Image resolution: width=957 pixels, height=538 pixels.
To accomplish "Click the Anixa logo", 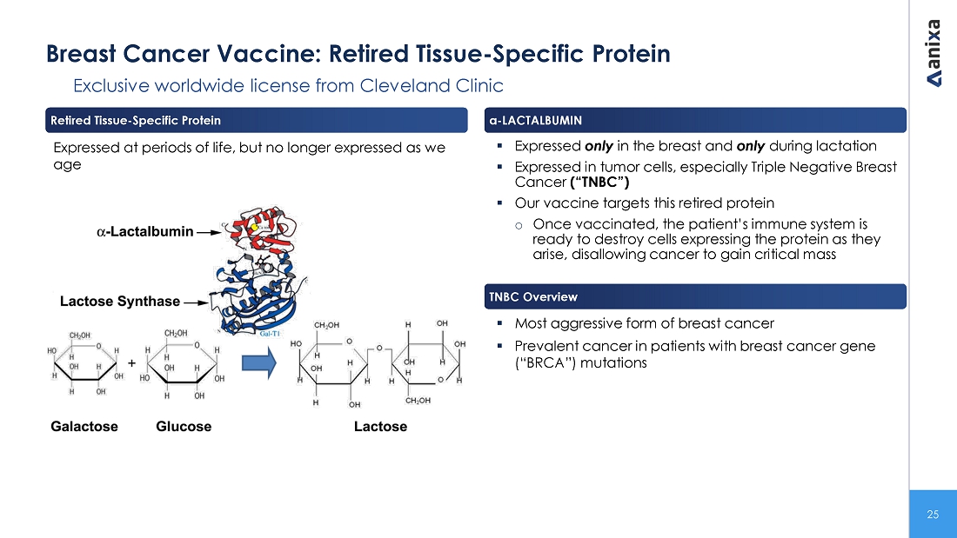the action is tap(934, 53).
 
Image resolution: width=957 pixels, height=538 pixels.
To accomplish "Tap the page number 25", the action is tap(933, 515).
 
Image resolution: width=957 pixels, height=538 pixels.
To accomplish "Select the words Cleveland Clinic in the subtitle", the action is tap(432, 85).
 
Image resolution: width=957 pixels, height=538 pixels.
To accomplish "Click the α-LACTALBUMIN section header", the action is tap(535, 120).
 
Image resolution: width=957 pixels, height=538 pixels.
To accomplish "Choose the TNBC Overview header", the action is tap(532, 297).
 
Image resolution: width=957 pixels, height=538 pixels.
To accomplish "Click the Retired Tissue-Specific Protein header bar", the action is tap(257, 120).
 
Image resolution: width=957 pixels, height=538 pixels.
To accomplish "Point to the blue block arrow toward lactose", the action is tap(258, 363).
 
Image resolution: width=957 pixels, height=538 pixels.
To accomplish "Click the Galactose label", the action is tap(84, 427).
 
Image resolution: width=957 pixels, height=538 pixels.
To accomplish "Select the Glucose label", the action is tap(184, 427).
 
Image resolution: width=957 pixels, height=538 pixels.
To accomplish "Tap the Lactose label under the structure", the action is tap(380, 427).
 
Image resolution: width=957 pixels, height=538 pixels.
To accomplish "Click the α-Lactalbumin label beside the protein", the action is tap(144, 232).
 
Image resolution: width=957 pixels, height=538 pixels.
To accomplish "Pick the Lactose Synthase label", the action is tap(120, 302).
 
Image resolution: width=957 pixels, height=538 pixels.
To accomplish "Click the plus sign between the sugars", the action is tap(132, 363).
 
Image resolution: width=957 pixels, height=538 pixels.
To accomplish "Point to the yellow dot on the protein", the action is tap(255, 227).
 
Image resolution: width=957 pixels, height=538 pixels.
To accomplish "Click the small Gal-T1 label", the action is tap(270, 334).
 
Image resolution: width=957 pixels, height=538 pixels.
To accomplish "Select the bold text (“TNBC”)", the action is tap(599, 183).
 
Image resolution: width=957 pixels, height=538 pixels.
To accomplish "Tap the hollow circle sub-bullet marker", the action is tap(519, 226).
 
